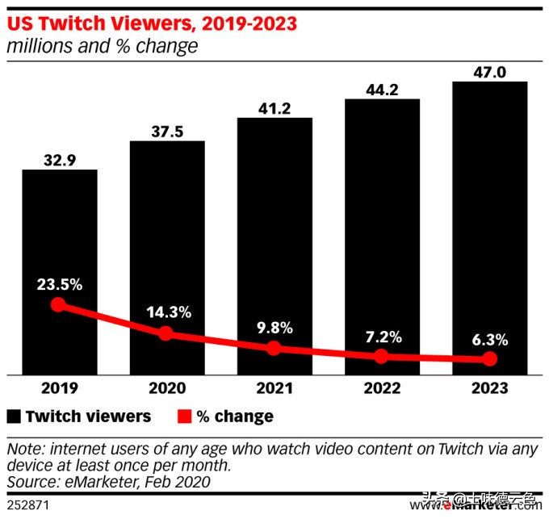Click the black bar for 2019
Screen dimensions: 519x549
59,242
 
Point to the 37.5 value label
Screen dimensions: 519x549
166,131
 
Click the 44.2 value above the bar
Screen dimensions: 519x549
382,89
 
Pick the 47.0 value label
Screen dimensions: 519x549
489,71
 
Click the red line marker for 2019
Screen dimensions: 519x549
57,305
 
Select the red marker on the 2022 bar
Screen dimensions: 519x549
382,356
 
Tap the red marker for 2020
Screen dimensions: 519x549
166,333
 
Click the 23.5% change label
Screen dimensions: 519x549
58,284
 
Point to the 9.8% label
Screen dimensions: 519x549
274,328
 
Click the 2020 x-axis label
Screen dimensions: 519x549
166,388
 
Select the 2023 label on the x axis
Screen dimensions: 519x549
489,388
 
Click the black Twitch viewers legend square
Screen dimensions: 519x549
14,416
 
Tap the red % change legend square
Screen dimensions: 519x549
183,416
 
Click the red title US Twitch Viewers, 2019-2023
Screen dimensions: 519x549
151,23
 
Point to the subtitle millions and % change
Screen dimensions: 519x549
102,46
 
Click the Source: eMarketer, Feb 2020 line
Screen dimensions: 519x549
108,482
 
